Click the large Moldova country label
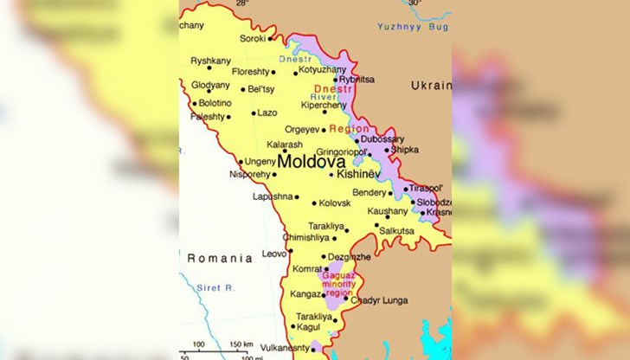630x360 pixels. click(312, 161)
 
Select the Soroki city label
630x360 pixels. click(253, 38)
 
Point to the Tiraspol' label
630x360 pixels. click(426, 188)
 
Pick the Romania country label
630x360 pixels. click(220, 258)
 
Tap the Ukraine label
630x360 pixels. click(430, 86)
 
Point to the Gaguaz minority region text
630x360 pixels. click(337, 283)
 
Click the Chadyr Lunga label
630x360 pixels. click(379, 300)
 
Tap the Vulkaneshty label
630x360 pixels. click(285, 348)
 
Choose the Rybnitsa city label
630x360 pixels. click(357, 79)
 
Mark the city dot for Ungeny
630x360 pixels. click(241, 161)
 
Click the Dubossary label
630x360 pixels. click(382, 138)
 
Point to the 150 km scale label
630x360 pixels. click(241, 344)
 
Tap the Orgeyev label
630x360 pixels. click(302, 130)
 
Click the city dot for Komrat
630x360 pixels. click(326, 269)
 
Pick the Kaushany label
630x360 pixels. click(387, 210)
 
